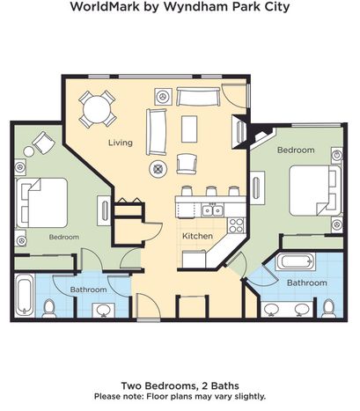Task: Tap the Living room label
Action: coord(121,143)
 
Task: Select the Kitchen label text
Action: coord(197,236)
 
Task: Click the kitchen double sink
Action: coord(213,210)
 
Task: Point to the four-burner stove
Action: coord(237,225)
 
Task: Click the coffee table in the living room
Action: coord(189,128)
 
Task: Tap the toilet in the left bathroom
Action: coord(49,308)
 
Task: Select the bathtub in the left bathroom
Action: coord(25,295)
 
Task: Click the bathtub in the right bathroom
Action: coord(295,261)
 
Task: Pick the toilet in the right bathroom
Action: coord(328,308)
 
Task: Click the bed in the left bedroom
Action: coord(41,202)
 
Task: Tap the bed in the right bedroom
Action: coord(315,190)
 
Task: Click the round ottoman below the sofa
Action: coord(158,169)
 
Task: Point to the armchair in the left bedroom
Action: coord(44,143)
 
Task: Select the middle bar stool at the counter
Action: coord(211,191)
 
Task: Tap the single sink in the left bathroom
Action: coord(103,310)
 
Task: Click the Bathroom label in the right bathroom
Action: coord(307,283)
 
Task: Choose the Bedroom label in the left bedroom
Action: coord(64,237)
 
